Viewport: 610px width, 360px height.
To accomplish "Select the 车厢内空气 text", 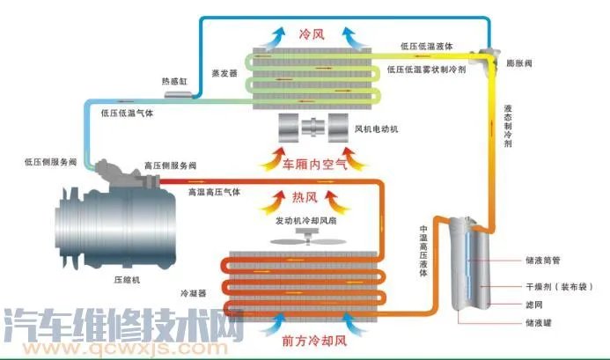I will point(314,163).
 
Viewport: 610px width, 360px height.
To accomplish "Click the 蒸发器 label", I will point(224,73).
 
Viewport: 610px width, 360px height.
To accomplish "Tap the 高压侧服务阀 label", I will point(170,165).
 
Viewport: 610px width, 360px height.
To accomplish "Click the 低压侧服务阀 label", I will point(50,162).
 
